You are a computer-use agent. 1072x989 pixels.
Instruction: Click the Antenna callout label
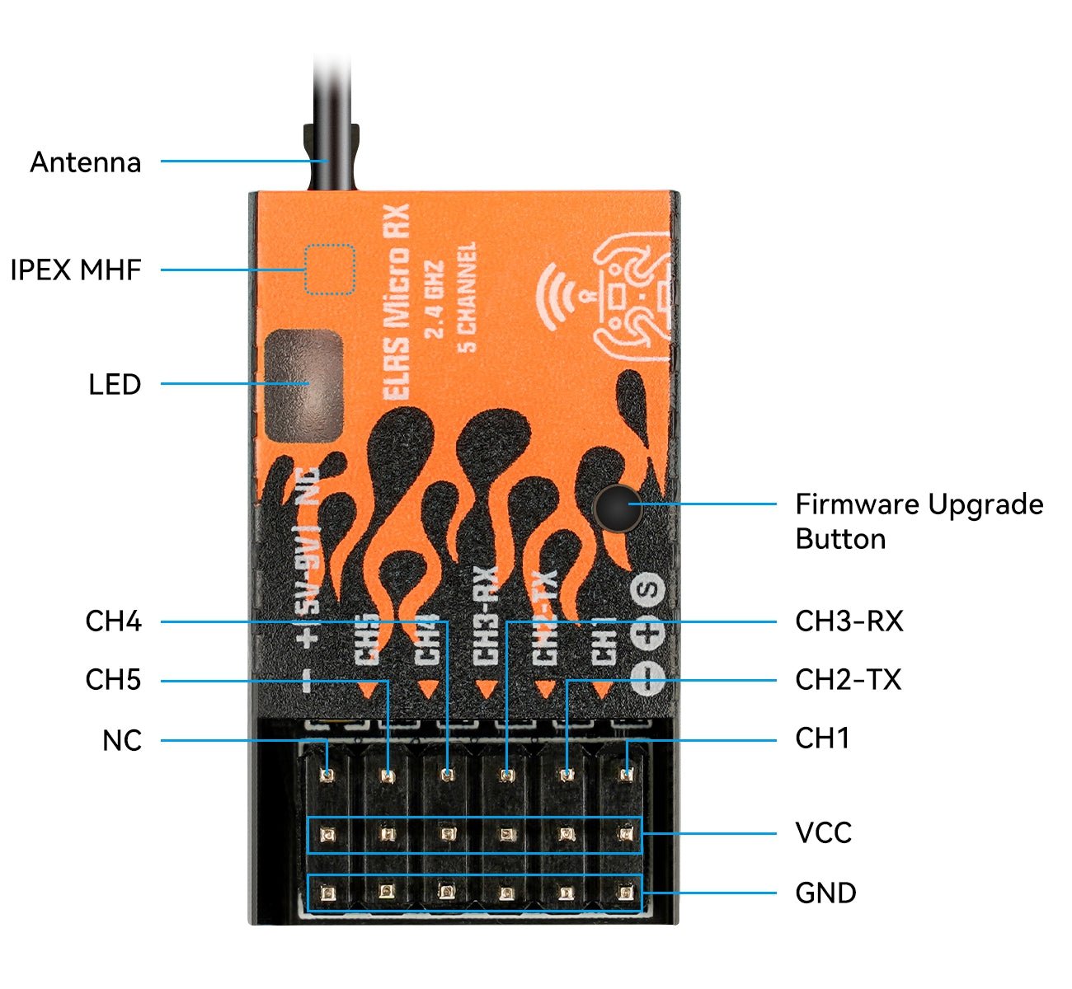coord(85,162)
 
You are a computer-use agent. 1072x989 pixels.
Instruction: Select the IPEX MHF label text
coord(76,270)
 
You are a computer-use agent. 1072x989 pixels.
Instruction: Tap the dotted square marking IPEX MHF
coord(330,270)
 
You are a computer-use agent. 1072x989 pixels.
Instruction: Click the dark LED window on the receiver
coord(303,385)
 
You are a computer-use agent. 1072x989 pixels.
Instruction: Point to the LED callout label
coord(115,384)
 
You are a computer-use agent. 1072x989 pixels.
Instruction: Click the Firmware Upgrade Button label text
coord(919,521)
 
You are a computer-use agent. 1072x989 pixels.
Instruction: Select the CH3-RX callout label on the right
coord(849,621)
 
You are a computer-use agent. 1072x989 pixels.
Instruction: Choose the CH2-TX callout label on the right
coord(848,679)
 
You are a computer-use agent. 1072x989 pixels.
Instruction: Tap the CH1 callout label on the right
coord(821,738)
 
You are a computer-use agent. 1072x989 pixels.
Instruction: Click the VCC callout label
coord(823,832)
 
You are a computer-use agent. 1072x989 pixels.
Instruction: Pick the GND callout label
coord(825,893)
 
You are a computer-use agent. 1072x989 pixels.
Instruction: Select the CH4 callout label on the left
coord(113,621)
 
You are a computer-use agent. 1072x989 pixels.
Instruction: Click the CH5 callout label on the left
coord(113,680)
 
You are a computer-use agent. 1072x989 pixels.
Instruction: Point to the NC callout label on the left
coord(121,740)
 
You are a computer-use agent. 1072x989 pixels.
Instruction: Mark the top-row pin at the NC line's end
coord(327,775)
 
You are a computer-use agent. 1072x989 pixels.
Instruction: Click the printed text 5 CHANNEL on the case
coord(467,297)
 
